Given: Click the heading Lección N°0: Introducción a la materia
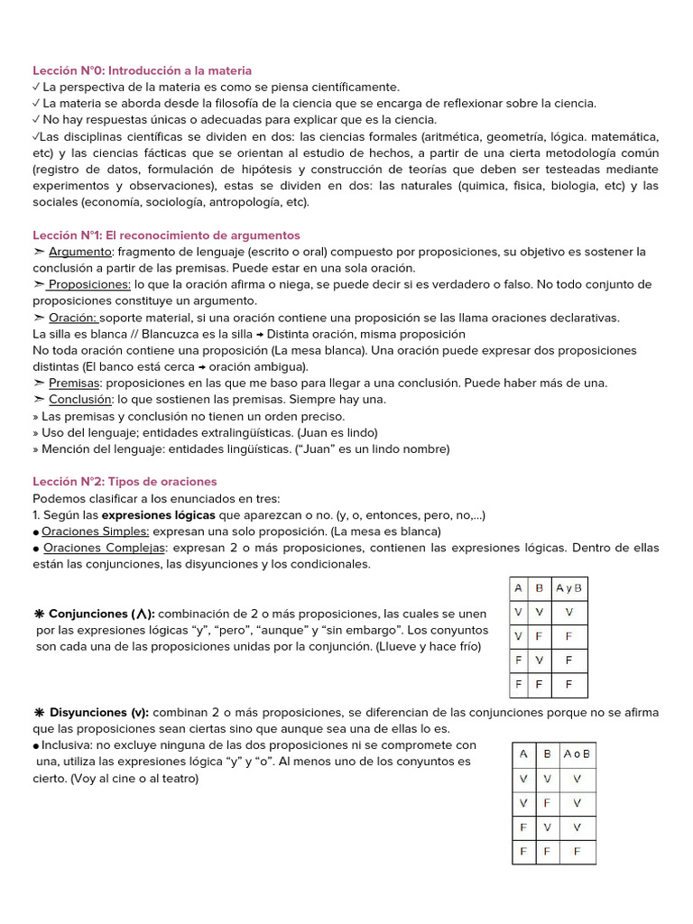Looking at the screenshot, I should pos(142,70).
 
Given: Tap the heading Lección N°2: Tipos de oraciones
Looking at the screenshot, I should pos(125,482).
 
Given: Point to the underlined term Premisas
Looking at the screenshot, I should pos(74,383).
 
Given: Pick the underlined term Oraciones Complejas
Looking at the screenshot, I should pos(105,548).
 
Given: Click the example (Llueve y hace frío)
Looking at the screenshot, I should pos(429,646).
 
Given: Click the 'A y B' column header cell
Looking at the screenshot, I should pos(568,588).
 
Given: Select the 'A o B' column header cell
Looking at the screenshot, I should pos(577,753).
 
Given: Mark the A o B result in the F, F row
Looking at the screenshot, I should pos(577,851).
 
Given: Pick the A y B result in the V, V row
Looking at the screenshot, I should pos(568,612).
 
